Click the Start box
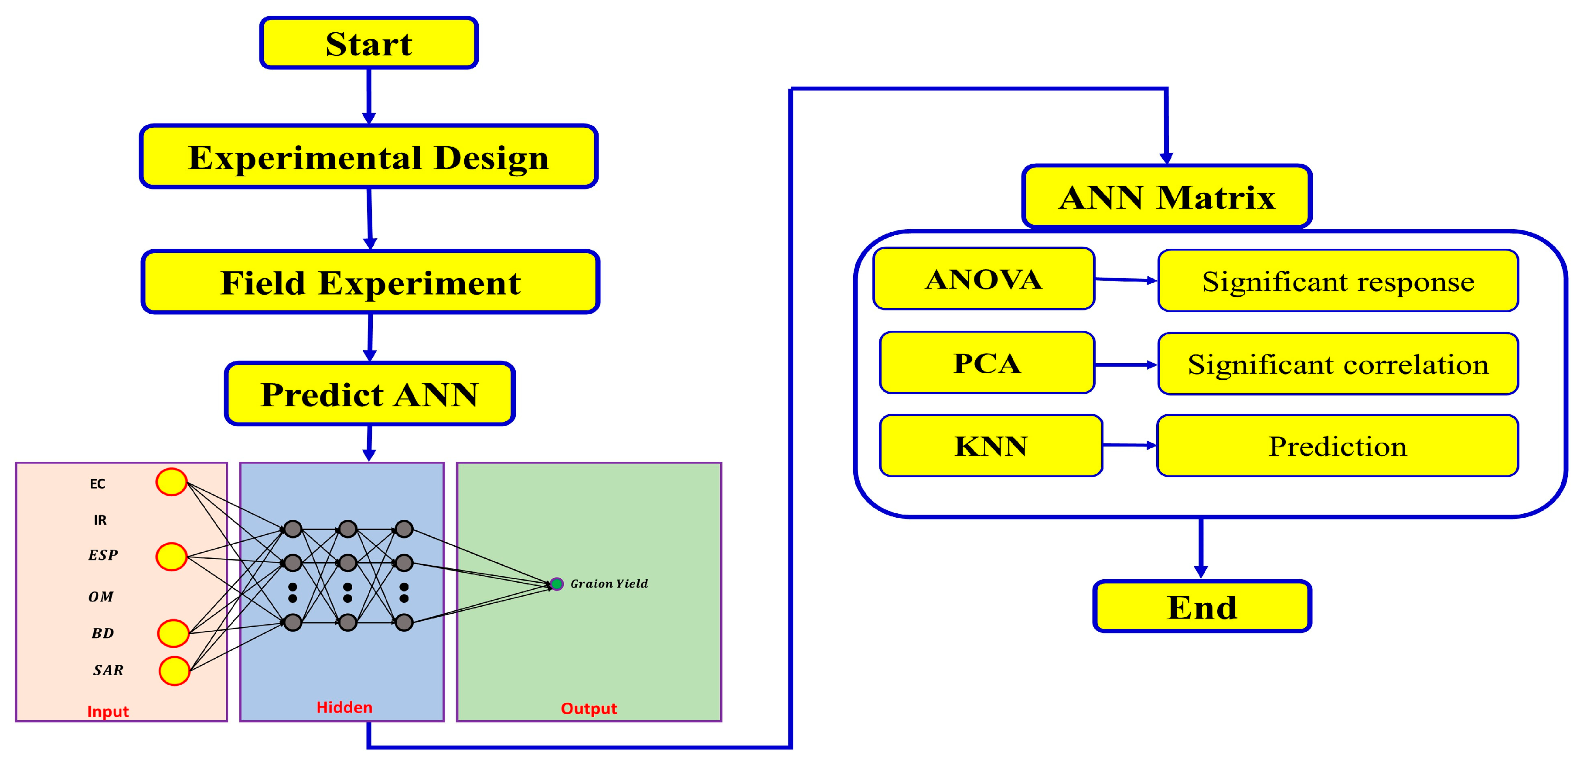369,43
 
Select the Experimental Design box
369,157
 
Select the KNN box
991,445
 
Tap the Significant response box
1337,281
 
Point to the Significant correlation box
1337,364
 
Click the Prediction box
1337,445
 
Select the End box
1202,606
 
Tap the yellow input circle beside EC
171,482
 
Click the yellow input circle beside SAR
174,670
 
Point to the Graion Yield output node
556,584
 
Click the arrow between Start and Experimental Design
369,96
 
